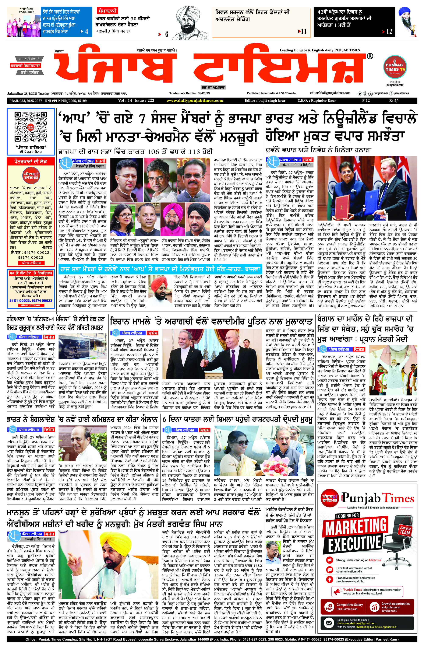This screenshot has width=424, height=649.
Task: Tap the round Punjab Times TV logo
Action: pos(394,67)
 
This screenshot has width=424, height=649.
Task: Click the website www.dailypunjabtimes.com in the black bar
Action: pos(195,101)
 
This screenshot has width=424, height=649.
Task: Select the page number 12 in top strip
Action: pos(389,32)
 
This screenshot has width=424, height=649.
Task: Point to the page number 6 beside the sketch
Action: pos(166,34)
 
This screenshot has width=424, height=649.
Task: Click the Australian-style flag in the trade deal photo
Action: pos(383,217)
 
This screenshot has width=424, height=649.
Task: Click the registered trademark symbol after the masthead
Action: pos(370,56)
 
